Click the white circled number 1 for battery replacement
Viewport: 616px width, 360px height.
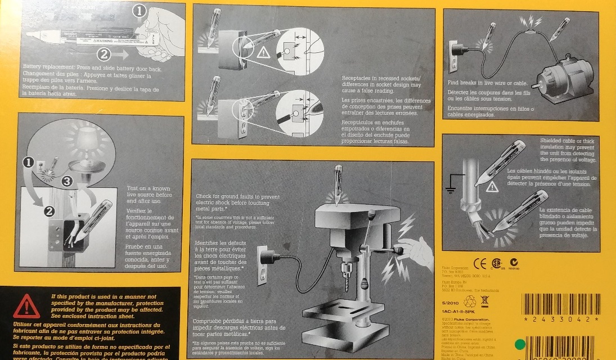(140, 11)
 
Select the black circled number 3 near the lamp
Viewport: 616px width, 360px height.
(67, 181)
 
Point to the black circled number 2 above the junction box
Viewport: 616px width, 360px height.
(48, 212)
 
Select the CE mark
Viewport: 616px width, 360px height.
(480, 263)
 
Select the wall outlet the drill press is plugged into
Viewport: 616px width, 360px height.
(265, 260)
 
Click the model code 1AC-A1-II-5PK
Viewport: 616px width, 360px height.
(460, 310)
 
